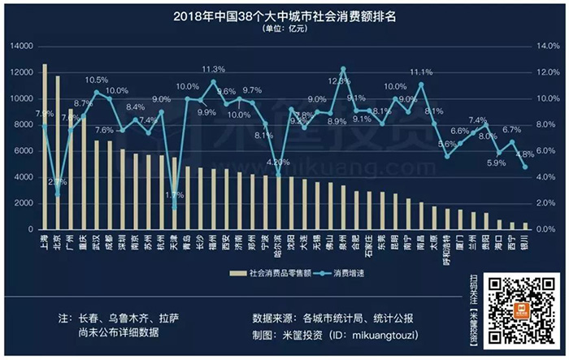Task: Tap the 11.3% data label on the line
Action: [213, 70]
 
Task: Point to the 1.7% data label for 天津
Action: [174, 195]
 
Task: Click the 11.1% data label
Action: [421, 72]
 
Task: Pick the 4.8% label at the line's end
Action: [523, 154]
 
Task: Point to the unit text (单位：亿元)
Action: [284, 28]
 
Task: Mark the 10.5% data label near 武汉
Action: [97, 80]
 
